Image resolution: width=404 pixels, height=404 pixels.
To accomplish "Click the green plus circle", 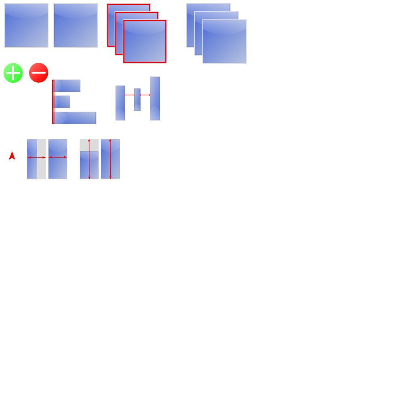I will click(13, 73).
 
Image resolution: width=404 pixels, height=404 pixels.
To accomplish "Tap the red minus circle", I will click(39, 73).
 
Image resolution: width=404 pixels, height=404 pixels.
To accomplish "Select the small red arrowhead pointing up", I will click(12, 156).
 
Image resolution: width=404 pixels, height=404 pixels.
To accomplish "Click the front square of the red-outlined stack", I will click(145, 42).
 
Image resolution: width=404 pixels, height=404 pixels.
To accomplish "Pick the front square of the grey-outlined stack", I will click(224, 42).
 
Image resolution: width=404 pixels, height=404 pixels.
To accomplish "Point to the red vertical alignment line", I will click(53, 102).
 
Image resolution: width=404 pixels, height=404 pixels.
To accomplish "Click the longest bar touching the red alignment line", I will click(75, 118).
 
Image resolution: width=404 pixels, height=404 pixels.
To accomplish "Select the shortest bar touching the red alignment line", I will click(62, 102).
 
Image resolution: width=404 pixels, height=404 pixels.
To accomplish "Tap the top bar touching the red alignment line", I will click(67, 86).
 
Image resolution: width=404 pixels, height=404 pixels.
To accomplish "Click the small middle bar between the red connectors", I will click(137, 99).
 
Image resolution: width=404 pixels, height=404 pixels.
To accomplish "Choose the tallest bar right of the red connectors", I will click(155, 99).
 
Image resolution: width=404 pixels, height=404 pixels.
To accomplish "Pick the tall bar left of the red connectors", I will click(120, 103).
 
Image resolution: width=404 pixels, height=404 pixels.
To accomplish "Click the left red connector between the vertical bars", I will click(129, 95).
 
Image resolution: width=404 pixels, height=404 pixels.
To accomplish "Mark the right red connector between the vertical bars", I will click(145, 95).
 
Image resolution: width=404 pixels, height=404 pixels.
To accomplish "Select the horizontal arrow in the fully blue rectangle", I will click(58, 157).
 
